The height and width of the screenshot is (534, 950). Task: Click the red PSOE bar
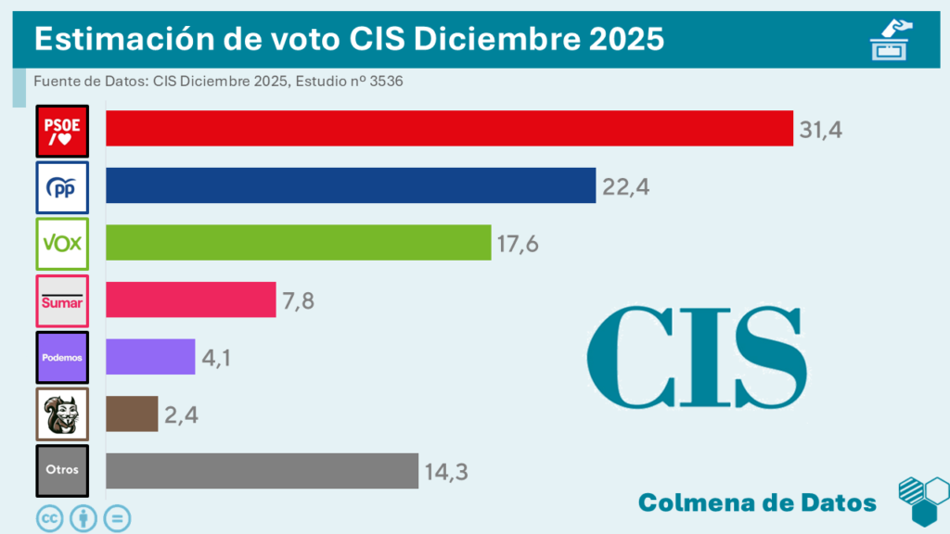click(x=449, y=128)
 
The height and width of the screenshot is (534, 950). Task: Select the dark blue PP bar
click(x=350, y=185)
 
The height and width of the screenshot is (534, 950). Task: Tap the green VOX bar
click(x=298, y=243)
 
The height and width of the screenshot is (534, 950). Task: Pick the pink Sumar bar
click(x=190, y=299)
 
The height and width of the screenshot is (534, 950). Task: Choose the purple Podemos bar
click(x=150, y=357)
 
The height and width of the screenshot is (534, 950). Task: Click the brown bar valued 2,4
click(x=132, y=413)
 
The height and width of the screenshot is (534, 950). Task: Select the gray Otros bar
click(x=262, y=471)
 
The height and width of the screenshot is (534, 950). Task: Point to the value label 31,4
click(x=820, y=130)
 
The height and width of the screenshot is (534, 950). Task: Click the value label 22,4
click(x=625, y=187)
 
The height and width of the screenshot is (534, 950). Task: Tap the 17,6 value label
click(x=518, y=244)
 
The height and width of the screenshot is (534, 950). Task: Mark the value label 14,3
click(x=445, y=472)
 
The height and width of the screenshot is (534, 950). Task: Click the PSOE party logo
click(x=62, y=131)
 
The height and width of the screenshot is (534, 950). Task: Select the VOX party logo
click(x=62, y=244)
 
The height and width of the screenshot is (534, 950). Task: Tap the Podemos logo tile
click(x=62, y=357)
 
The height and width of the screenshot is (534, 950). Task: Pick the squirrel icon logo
click(x=62, y=413)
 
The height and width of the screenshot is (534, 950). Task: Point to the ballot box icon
click(x=891, y=40)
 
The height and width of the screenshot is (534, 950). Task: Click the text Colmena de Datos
click(x=757, y=502)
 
